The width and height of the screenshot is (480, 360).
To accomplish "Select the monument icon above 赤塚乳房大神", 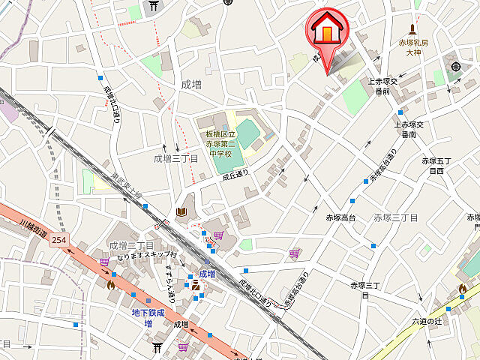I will tap(412, 28).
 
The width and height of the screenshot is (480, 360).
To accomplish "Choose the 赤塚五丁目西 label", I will tap(436, 166).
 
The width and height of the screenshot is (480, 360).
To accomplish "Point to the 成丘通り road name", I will tap(235, 175).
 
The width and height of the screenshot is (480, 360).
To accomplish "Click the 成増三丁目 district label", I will tap(175, 158).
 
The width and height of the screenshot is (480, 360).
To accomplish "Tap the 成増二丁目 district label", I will tap(131, 246).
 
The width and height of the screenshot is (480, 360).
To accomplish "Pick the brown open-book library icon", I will tap(181, 212).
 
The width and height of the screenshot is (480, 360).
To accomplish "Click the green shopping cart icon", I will tap(184, 346).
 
